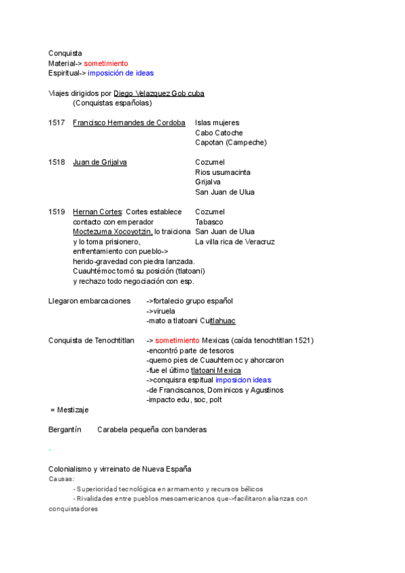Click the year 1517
57,123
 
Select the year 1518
57,162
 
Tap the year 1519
57,211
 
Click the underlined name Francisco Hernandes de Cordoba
128,123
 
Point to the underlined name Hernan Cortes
92,211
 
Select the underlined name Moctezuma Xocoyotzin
112,231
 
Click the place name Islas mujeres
217,123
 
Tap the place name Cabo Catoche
219,133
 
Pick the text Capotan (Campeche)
230,143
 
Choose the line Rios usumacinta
222,172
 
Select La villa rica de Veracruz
234,241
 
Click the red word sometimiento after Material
105,63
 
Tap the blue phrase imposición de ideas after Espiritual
121,73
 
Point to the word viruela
163,311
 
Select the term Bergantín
65,429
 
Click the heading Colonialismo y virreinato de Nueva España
119,469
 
